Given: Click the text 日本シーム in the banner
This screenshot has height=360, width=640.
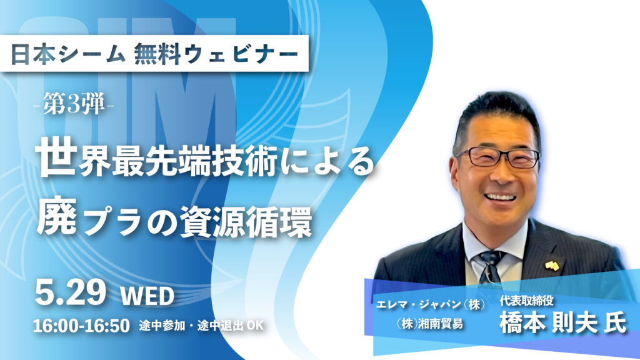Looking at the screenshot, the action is (67, 54).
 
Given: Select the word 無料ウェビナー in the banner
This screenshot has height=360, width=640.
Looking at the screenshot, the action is (216, 54).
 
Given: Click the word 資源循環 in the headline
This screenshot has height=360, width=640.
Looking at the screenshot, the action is (246, 221).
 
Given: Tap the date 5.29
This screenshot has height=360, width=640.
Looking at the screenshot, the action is (71, 292).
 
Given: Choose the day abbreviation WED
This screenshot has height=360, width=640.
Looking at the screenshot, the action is (147, 296).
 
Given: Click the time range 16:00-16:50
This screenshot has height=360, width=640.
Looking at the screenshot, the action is (81, 326).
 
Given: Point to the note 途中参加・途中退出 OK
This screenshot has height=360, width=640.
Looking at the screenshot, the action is (201, 325).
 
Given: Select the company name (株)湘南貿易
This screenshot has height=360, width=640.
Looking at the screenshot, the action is (429, 324).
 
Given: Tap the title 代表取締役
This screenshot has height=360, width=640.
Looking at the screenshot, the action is (526, 301).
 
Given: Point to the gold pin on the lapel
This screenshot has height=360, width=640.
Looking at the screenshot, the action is (552, 266).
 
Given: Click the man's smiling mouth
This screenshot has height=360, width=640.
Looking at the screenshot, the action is (499, 197).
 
